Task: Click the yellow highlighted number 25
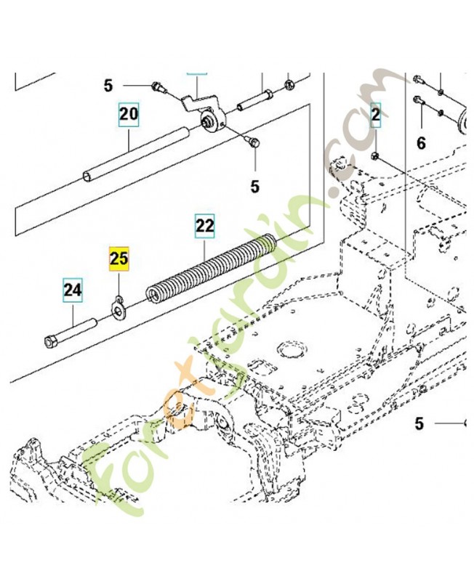[118, 258]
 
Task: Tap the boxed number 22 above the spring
[205, 227]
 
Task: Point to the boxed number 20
[129, 114]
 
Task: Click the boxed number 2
[376, 114]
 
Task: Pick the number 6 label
[421, 144]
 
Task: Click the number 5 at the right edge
[419, 423]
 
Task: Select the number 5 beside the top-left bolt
[108, 86]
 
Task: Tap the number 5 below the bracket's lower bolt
[254, 187]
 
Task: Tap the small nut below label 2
[374, 157]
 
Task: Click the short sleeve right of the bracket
[260, 96]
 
